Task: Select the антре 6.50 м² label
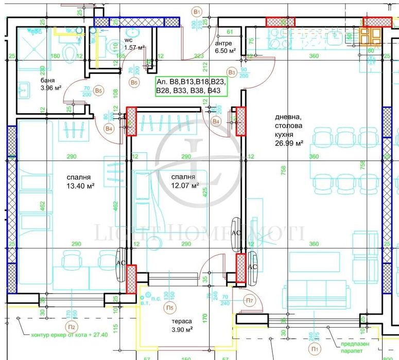pyautogui.click(x=225, y=48)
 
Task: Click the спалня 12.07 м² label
pyautogui.click(x=185, y=182)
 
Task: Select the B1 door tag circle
pyautogui.click(x=196, y=11)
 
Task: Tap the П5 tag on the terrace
pyautogui.click(x=169, y=308)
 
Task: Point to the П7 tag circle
pyautogui.click(x=249, y=300)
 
